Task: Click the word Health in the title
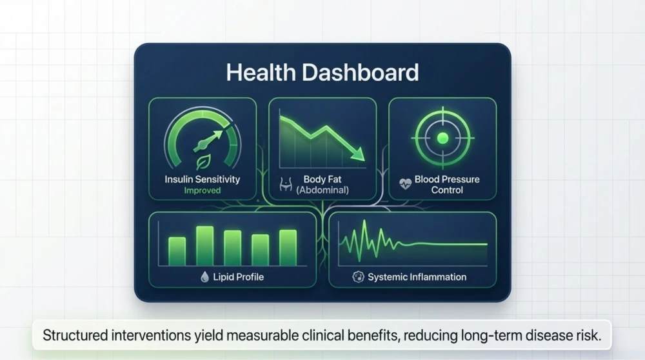[x=261, y=72]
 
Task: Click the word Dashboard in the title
[x=361, y=72]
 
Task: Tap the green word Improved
[x=203, y=190]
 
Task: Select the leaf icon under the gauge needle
[x=203, y=162]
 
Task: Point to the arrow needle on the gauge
[x=208, y=140]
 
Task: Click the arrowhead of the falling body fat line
[x=358, y=154]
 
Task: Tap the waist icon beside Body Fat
[x=286, y=185]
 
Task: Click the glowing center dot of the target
[x=442, y=138]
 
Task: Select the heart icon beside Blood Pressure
[x=405, y=183]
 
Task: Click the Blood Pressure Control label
[x=447, y=185]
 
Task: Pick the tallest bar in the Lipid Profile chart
[x=205, y=246]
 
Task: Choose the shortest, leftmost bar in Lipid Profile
[x=177, y=252]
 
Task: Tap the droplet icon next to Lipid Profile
[x=204, y=277]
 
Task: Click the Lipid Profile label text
[x=238, y=277]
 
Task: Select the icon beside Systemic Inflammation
[x=358, y=277]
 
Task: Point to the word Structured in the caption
[x=75, y=335]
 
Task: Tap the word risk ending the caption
[x=591, y=335]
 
